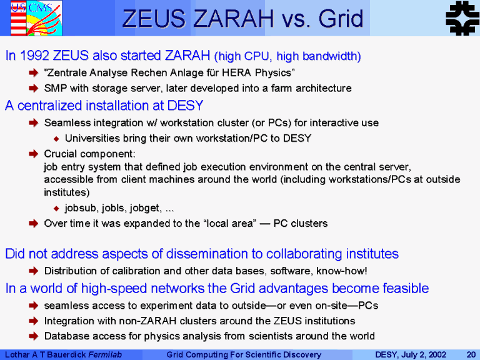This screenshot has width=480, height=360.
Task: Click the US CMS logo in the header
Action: point(36,18)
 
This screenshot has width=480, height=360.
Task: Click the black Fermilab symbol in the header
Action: point(462,18)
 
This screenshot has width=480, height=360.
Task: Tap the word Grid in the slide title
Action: point(341,19)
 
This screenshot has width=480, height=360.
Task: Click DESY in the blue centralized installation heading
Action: point(185,106)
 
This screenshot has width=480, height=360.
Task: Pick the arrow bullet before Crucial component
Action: point(33,154)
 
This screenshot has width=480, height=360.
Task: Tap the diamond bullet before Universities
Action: point(56,139)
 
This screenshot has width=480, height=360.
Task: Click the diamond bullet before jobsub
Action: point(56,209)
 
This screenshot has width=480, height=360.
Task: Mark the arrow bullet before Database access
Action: point(33,336)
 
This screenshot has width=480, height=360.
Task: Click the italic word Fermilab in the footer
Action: point(105,355)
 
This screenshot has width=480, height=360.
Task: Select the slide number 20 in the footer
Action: point(471,355)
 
